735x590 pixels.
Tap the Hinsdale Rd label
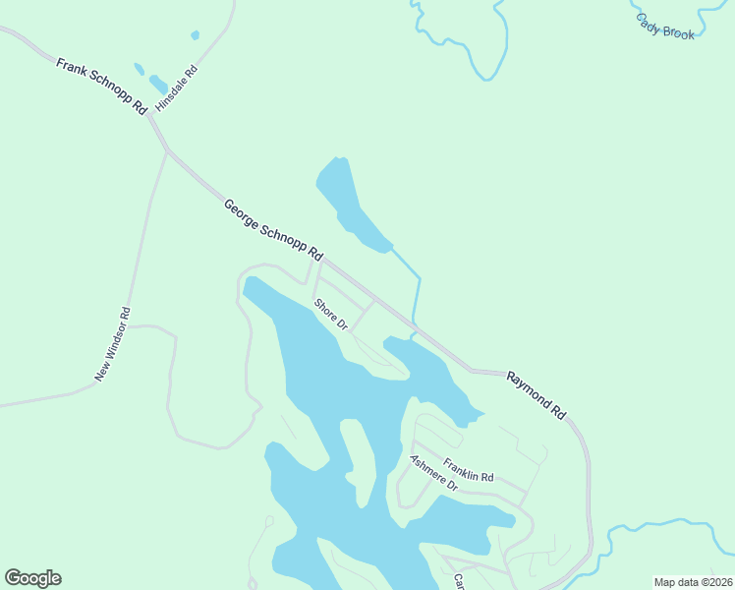tap(177, 88)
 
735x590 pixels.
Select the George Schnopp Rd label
tap(272, 230)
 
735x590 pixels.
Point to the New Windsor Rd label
tap(112, 344)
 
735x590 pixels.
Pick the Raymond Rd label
tap(537, 395)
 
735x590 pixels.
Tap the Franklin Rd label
tap(468, 470)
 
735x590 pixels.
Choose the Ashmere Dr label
tap(433, 473)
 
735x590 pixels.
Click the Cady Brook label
tap(664, 27)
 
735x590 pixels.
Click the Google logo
tap(32, 578)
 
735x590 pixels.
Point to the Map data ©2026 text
tap(692, 582)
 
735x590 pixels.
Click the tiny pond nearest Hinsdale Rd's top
tap(195, 35)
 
